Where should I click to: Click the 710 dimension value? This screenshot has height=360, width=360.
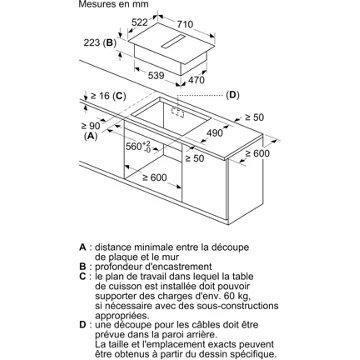185,24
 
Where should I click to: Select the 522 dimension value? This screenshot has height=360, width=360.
139,23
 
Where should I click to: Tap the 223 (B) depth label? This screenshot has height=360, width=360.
100,43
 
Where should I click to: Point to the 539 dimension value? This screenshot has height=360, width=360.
156,76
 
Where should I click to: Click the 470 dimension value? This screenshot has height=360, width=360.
196,80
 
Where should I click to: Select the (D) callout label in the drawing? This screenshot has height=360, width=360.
232,95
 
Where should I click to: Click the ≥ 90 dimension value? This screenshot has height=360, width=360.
90,126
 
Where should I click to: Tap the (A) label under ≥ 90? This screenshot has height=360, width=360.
91,136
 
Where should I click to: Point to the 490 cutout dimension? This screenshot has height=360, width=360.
214,133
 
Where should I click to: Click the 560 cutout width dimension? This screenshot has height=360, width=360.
138,146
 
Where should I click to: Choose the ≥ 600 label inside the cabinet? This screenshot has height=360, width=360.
155,178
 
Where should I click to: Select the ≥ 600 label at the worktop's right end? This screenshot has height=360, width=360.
258,154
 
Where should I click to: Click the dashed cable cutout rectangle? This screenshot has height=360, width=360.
177,112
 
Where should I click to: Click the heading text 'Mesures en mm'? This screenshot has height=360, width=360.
113,4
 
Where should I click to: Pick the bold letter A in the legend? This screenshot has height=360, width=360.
83,247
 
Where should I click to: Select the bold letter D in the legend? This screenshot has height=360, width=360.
83,325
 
